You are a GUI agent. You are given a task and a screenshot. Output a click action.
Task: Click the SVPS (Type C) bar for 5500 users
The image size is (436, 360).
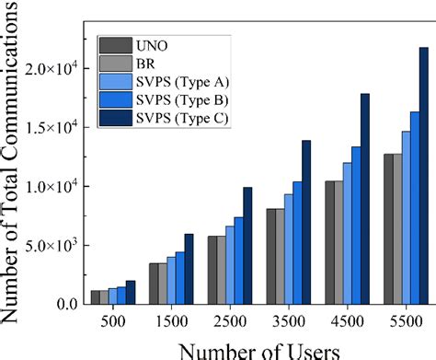[x=424, y=176]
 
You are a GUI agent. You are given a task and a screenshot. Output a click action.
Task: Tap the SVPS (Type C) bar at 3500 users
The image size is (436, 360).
[x=306, y=222]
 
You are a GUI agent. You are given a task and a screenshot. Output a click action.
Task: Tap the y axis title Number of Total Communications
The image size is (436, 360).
[x=15, y=166]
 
